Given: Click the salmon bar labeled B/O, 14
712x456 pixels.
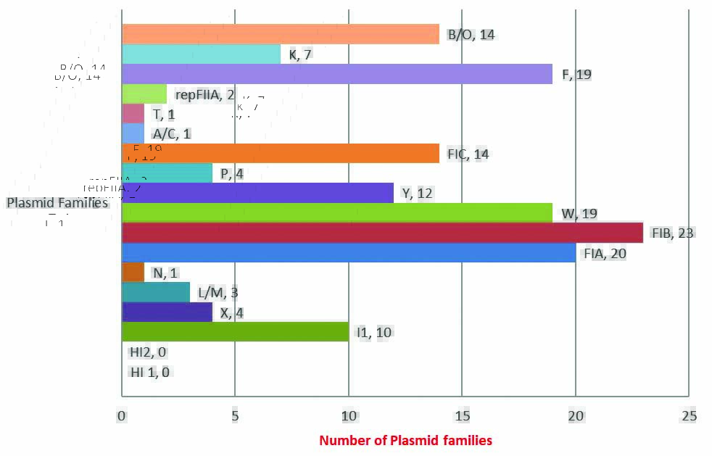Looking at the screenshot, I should [x=281, y=34].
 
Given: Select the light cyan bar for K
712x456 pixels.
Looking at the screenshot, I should [x=202, y=54].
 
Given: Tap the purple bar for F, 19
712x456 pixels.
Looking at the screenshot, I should [x=337, y=74].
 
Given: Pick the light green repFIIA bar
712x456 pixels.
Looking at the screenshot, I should [x=144, y=94].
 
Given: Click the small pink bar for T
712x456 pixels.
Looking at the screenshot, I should [x=133, y=114].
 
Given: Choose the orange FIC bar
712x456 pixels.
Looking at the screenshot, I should [x=281, y=154].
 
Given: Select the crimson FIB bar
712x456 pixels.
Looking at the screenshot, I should [x=383, y=233].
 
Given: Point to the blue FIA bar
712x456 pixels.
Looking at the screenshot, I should [x=349, y=253].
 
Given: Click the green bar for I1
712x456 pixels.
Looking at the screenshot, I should [x=235, y=332].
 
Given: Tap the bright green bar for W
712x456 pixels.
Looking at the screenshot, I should [x=337, y=213].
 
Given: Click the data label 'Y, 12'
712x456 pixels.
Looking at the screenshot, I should [x=417, y=194].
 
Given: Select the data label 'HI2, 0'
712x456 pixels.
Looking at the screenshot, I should [x=148, y=352].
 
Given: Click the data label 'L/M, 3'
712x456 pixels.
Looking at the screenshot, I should [x=218, y=293].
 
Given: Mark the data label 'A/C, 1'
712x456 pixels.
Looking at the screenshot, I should [x=171, y=134].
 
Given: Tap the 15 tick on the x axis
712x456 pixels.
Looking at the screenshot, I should [x=463, y=416].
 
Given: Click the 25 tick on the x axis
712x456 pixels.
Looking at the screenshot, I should [x=690, y=416].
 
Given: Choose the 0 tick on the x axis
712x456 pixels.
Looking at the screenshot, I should [x=122, y=416].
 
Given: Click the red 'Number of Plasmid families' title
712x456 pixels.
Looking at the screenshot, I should [x=405, y=440].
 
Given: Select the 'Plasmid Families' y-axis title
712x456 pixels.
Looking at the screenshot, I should [x=57, y=203].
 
